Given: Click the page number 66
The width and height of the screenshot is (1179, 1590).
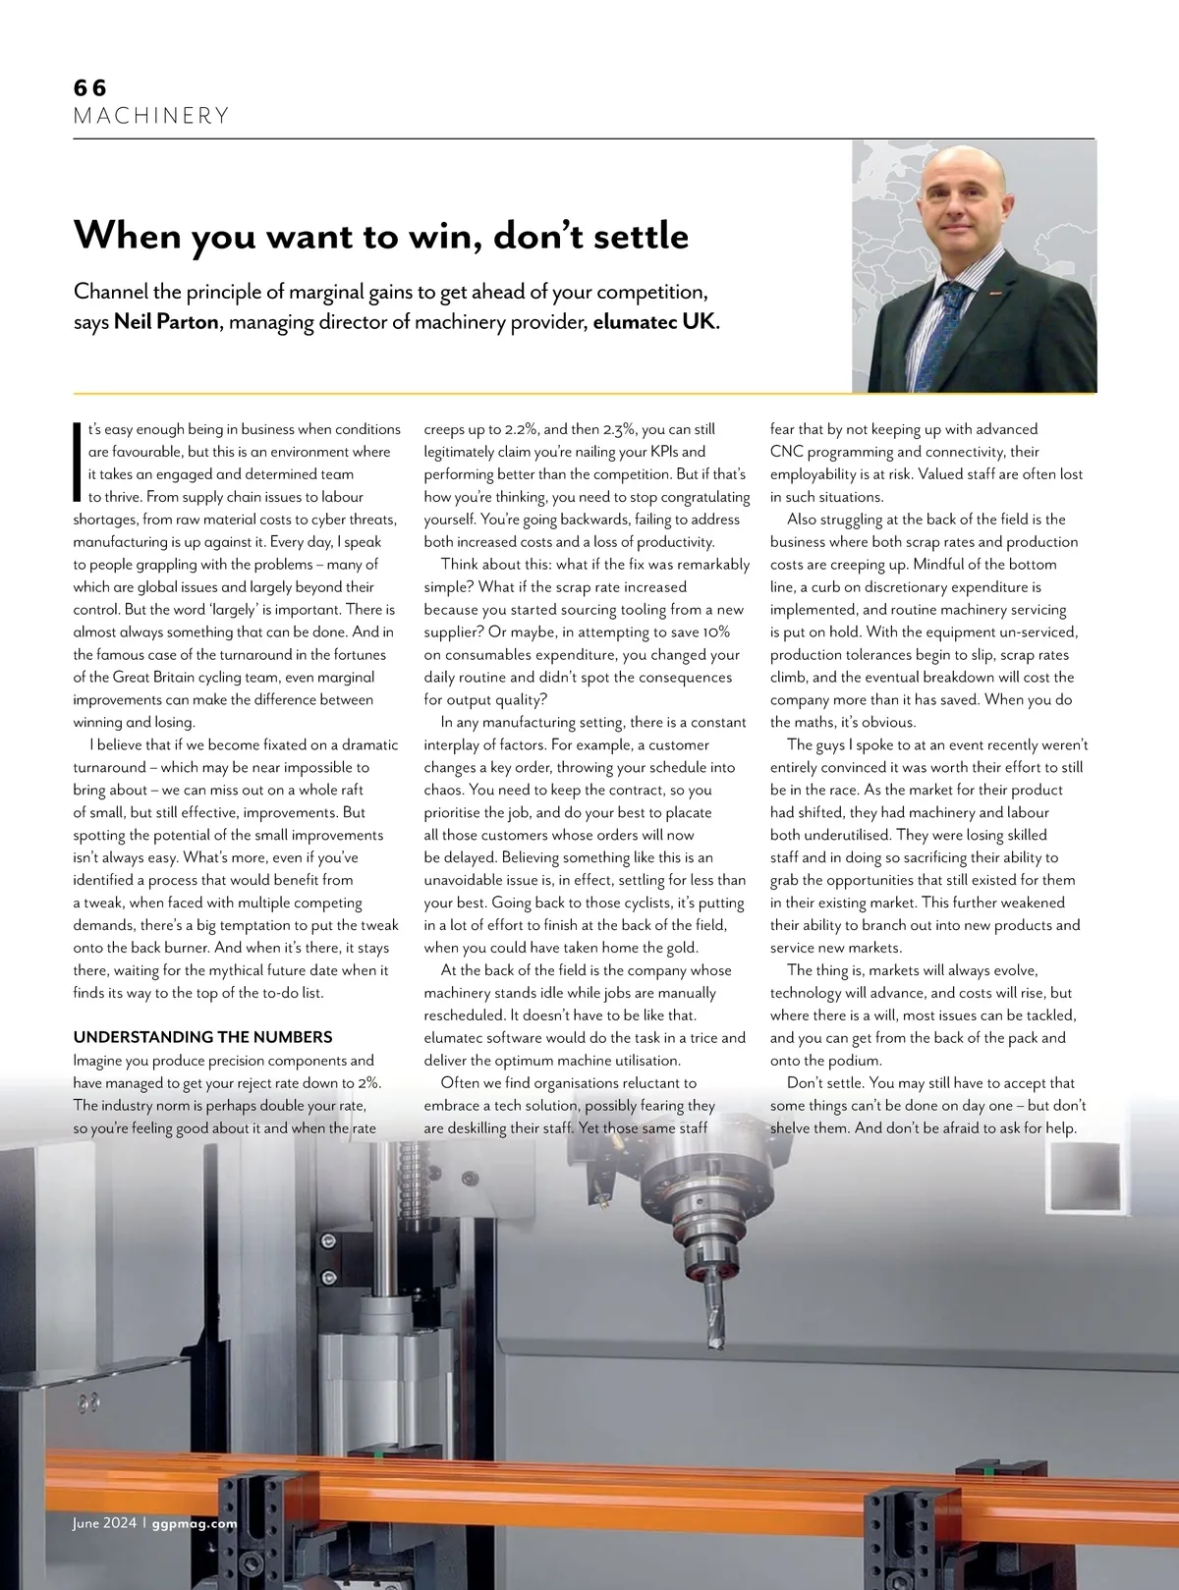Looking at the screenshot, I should coord(89,87).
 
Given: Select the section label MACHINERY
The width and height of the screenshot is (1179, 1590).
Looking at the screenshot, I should coord(151,116).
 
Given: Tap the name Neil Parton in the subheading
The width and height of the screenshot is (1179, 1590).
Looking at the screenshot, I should coord(166,322).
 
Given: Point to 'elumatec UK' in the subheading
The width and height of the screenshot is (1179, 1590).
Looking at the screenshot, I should coord(654,322).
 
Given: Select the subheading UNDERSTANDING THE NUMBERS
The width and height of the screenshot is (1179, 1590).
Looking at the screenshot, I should coord(202,1037).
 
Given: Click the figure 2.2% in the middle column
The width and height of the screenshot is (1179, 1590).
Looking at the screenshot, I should coord(517,429).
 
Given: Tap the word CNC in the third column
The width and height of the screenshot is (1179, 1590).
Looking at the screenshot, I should coord(786,452).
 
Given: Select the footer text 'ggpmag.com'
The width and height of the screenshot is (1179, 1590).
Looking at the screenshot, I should coord(195,1524).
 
